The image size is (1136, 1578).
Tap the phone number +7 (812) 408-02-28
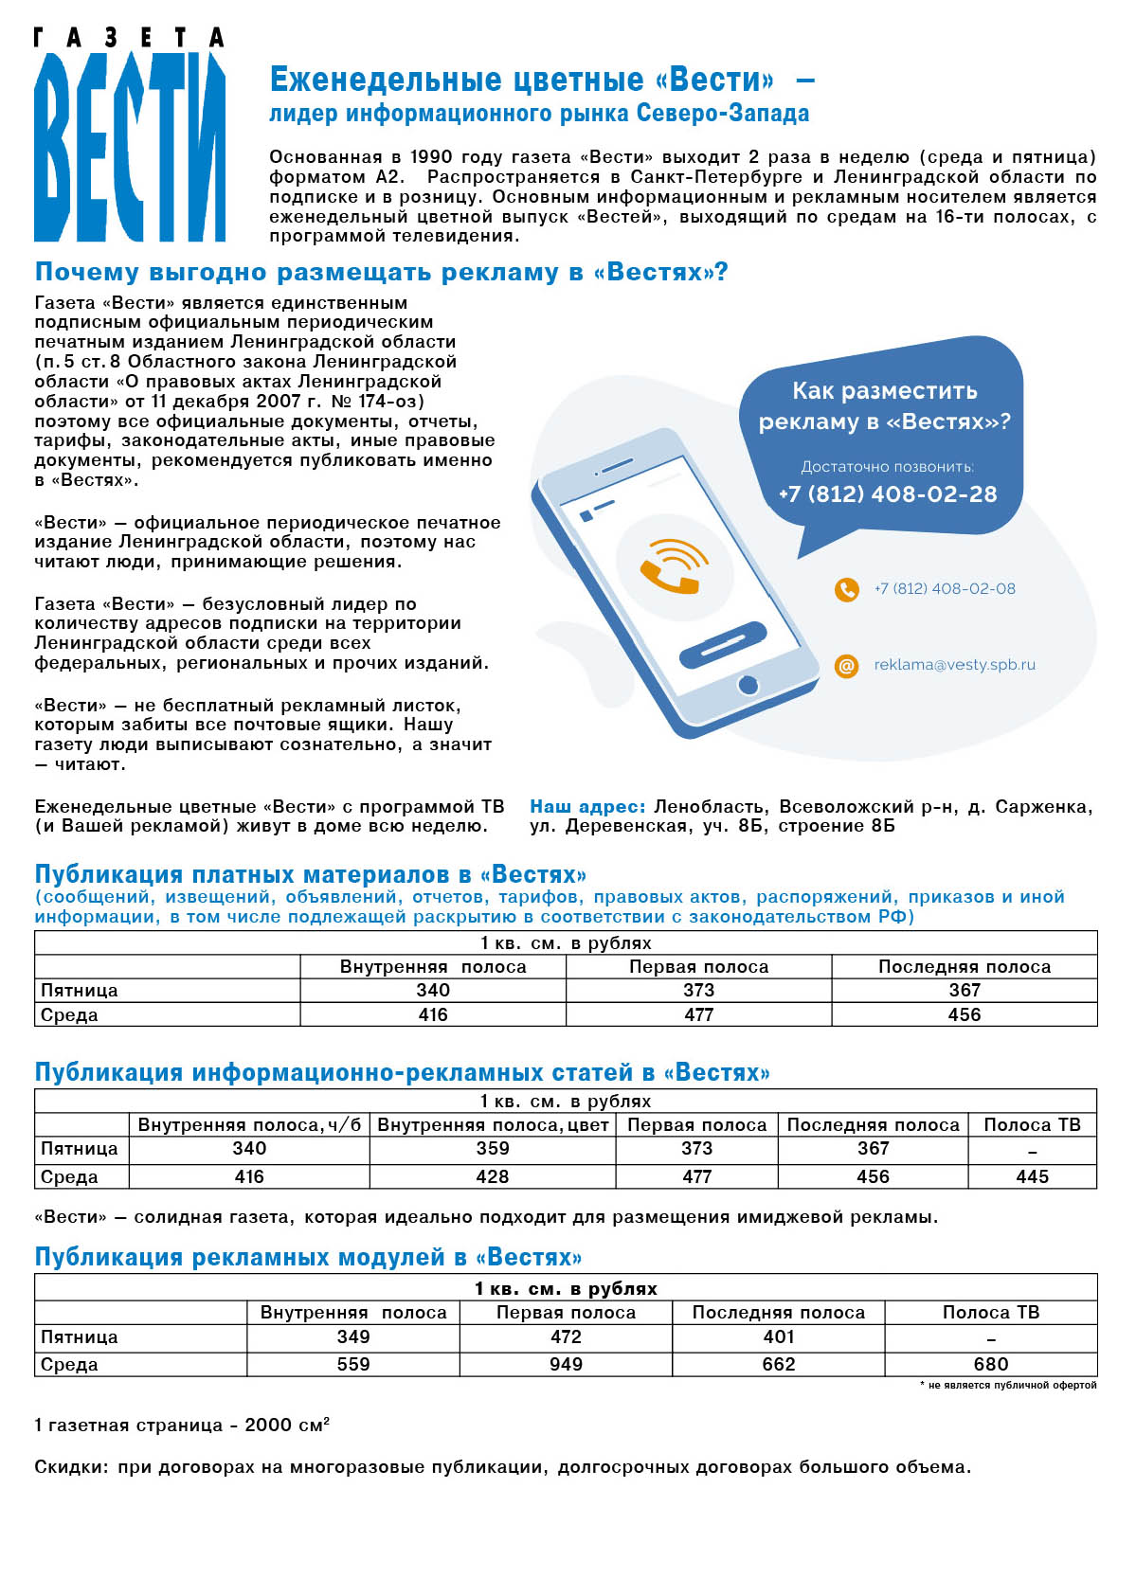(x=887, y=493)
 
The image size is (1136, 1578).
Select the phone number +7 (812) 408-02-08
(x=944, y=588)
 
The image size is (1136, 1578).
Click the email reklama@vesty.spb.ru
(x=954, y=665)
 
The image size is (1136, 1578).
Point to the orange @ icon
(x=846, y=666)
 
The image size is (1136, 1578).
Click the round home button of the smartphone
(x=748, y=684)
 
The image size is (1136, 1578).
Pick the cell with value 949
(x=566, y=1364)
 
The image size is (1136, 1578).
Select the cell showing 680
(x=990, y=1364)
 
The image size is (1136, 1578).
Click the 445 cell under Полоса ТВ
(x=1032, y=1176)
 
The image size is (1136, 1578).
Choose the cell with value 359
(x=492, y=1148)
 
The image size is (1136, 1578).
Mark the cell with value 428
(x=492, y=1176)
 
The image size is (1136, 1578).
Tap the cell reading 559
(x=353, y=1364)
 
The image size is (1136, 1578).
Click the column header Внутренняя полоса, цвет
(x=493, y=1124)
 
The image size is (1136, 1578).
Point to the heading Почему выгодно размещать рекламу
(x=381, y=272)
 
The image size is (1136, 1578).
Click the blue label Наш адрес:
(x=587, y=806)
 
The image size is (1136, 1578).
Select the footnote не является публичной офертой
(x=1011, y=1385)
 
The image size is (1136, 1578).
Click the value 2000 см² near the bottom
(x=286, y=1425)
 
